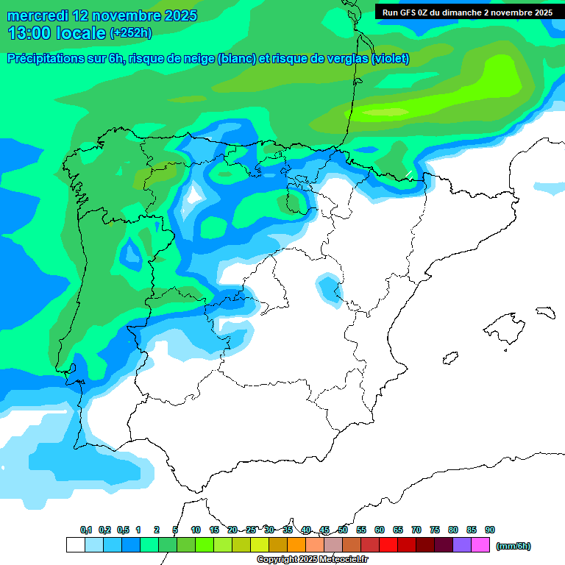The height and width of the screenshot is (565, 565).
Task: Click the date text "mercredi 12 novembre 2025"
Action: click(102, 16)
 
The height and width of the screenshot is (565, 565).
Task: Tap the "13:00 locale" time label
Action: click(57, 32)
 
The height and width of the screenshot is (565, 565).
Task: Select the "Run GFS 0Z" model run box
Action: click(467, 12)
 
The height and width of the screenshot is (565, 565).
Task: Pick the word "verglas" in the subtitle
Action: click(347, 59)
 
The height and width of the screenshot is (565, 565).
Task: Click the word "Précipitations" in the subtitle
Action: click(49, 59)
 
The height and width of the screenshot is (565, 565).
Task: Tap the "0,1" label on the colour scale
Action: click(85, 530)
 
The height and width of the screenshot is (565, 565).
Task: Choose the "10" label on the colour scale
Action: click(196, 530)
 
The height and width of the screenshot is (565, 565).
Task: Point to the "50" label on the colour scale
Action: click(343, 530)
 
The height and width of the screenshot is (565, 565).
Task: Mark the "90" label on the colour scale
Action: click(490, 530)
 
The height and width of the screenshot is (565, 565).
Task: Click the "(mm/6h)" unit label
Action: click(514, 546)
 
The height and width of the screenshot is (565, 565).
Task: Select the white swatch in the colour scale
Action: click(75, 545)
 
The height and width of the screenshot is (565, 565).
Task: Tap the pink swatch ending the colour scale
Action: click(480, 545)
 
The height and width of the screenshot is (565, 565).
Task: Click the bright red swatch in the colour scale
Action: click(388, 545)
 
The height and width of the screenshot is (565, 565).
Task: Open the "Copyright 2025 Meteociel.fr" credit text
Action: click(312, 560)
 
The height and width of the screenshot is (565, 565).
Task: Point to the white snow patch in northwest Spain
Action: click(195, 196)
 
